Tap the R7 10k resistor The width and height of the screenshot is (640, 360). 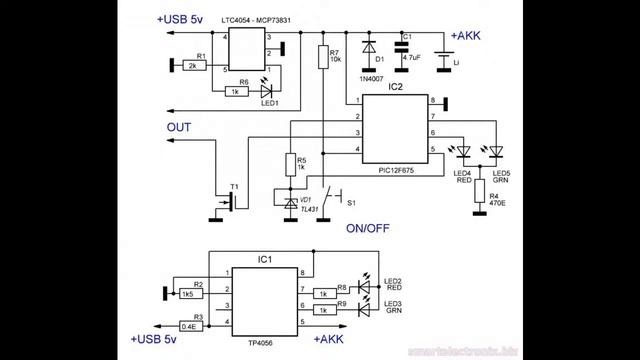(x=321, y=58)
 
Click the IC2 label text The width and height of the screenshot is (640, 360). (x=397, y=88)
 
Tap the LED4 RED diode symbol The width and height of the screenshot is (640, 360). (x=464, y=152)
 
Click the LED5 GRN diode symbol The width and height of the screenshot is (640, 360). (x=495, y=152)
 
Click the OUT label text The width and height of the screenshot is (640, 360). (x=179, y=127)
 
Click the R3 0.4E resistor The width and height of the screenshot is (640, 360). (x=187, y=326)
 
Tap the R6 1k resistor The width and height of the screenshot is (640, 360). (x=235, y=91)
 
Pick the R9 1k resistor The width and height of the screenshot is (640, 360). (x=325, y=311)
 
